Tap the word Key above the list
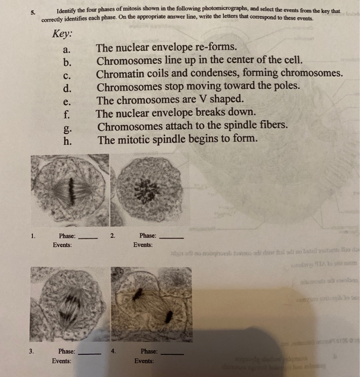click(x=63, y=33)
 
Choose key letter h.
click(x=67, y=139)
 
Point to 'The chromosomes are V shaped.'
click(x=170, y=100)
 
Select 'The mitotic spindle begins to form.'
click(x=177, y=139)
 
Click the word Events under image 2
click(x=143, y=245)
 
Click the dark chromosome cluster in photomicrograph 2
click(x=146, y=191)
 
